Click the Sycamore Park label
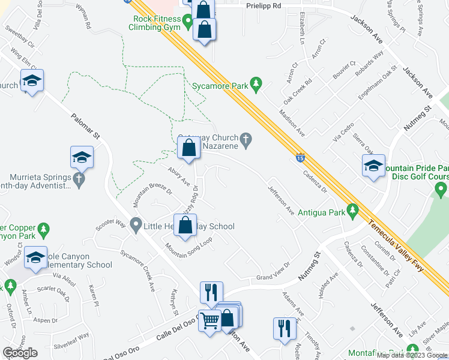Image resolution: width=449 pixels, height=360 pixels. point(220,86)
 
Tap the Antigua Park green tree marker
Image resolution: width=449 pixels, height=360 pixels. point(354,212)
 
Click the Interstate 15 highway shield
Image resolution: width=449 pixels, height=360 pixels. point(299,158)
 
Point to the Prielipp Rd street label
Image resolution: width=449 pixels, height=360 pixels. point(264,5)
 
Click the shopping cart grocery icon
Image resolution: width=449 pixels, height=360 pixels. point(209,321)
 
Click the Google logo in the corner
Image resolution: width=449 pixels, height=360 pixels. point(19,353)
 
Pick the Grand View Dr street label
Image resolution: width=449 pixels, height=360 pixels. point(273,278)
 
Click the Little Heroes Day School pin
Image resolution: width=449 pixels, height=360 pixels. point(136,226)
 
